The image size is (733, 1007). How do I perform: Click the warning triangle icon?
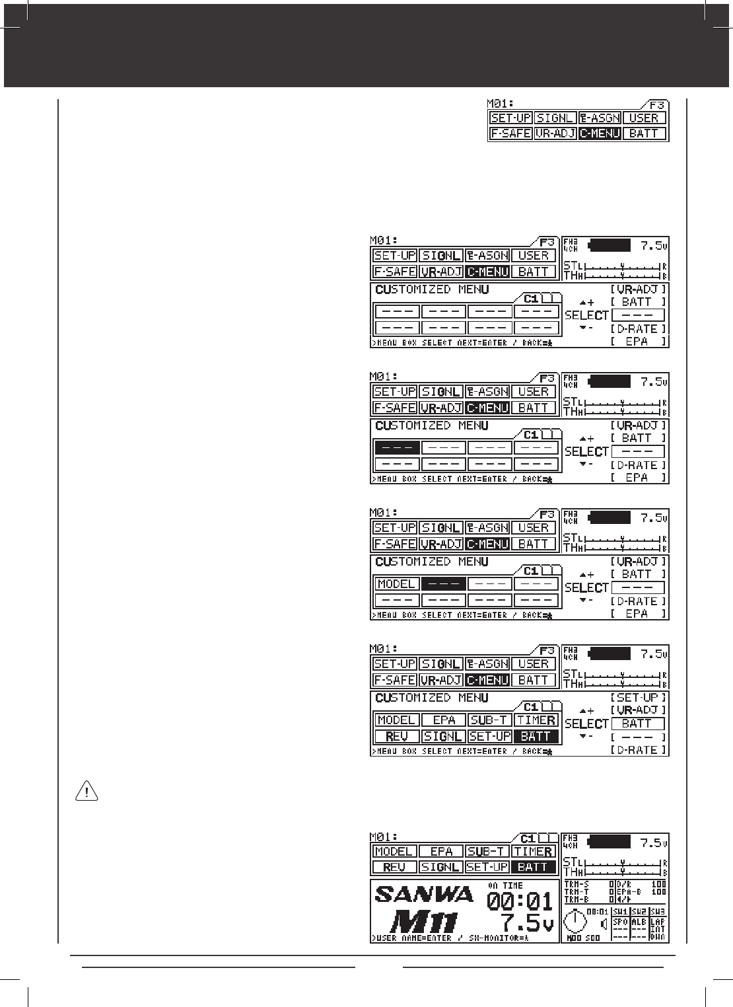pos(87,791)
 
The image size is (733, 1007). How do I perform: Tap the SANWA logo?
pos(424,894)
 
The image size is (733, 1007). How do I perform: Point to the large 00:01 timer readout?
pos(520,901)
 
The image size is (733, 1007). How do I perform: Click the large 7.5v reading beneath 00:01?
pos(526,922)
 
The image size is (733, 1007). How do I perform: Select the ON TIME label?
pos(505,885)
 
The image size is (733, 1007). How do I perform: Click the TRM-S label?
pos(577,884)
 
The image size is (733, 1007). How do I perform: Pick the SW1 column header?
pos(620,912)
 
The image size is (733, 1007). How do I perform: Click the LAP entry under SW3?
pos(658,921)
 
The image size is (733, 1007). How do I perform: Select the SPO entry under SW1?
pos(620,922)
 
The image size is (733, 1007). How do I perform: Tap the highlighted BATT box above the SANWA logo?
pos(535,867)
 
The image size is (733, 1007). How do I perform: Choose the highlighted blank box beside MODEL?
pos(443,584)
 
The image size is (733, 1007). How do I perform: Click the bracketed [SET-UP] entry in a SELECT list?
pos(638,698)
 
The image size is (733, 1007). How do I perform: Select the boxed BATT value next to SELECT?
pos(638,724)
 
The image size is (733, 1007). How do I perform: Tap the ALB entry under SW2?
pos(639,922)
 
